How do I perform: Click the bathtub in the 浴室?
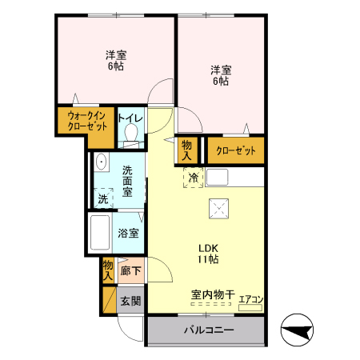coord(100,233)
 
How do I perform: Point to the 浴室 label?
coord(128,234)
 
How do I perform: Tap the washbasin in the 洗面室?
coord(101,163)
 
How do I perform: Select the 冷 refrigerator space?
coord(193,178)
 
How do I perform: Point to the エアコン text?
coord(250,298)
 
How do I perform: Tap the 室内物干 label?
coord(212,295)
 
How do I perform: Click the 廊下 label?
coord(130,272)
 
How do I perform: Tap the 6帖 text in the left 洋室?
coord(115,67)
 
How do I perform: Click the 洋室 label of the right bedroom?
coord(221,70)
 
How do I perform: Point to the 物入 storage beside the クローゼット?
coord(187,150)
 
